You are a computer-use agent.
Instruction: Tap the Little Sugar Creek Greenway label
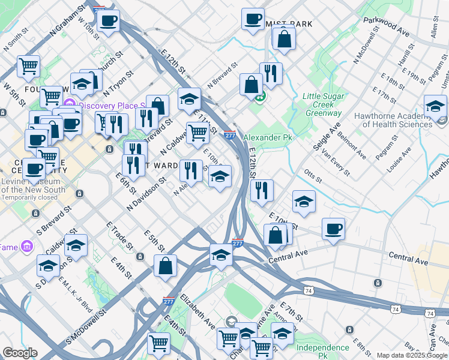(324, 104)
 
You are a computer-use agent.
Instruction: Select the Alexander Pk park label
(268, 137)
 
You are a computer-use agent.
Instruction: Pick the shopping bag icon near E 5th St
(165, 266)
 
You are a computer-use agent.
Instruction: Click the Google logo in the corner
(19, 353)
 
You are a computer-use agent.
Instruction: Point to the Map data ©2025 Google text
(412, 356)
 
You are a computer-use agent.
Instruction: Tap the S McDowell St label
(86, 327)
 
